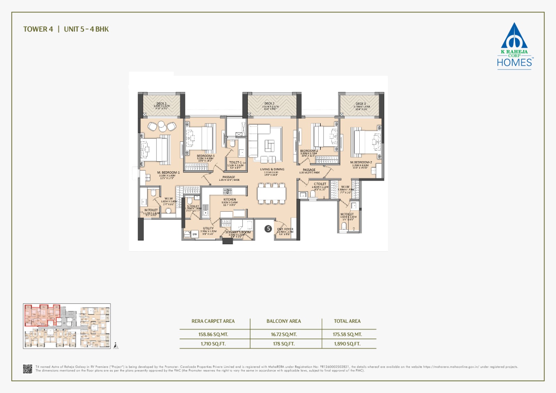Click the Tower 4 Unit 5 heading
[x=66, y=29]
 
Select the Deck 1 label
[x=161, y=104]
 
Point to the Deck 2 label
[x=269, y=104]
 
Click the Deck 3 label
[x=361, y=104]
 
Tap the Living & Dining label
[x=272, y=170]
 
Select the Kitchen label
[x=230, y=200]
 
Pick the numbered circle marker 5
[x=268, y=229]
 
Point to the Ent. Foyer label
[x=285, y=229]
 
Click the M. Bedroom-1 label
[x=168, y=173]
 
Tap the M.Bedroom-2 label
[x=361, y=163]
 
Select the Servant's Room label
[x=238, y=232]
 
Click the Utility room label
[x=208, y=229]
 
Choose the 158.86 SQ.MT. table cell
[x=213, y=334]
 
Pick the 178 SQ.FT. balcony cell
[x=284, y=344]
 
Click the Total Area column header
[x=347, y=321]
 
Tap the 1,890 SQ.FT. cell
[x=347, y=344]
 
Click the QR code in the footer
[x=28, y=369]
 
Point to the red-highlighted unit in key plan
[x=42, y=315]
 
